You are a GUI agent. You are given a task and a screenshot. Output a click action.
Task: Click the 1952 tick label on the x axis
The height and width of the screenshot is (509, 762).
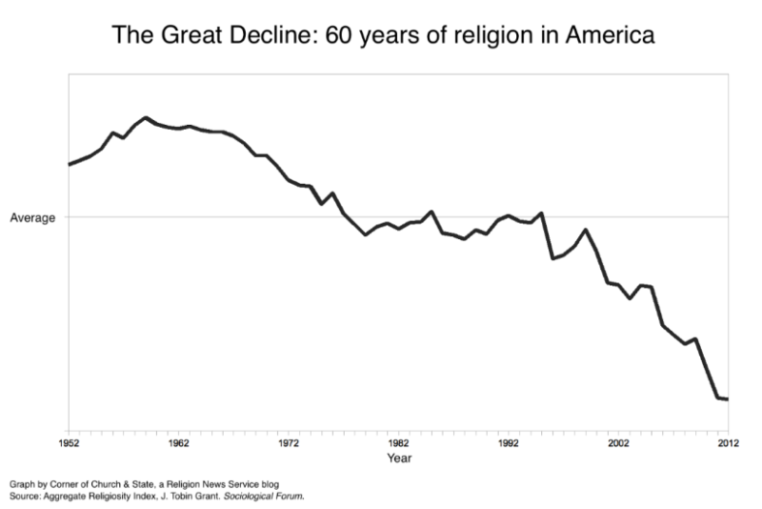[x=69, y=443]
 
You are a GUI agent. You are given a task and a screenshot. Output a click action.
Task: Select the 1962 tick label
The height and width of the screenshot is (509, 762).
[x=178, y=443]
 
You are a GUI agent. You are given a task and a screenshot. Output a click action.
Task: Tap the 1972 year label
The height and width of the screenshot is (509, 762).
[x=289, y=443]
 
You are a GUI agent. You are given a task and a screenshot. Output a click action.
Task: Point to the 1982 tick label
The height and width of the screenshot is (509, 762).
[x=398, y=443]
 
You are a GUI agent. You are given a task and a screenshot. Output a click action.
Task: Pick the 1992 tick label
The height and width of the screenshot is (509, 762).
[x=509, y=443]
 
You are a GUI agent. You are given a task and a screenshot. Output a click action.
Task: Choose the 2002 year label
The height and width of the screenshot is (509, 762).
[x=618, y=443]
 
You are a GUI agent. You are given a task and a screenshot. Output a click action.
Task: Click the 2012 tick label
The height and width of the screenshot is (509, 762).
[x=728, y=443]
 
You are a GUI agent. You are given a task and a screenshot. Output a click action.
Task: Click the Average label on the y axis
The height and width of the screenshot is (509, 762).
[x=32, y=217]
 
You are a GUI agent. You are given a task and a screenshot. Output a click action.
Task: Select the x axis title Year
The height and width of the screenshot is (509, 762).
[x=399, y=458]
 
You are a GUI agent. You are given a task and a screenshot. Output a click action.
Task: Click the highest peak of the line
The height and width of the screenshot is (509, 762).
[x=146, y=117]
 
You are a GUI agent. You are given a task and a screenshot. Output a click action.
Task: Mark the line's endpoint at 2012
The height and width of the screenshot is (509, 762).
[x=728, y=399]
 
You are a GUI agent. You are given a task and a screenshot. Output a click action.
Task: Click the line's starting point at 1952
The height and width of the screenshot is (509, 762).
[x=69, y=164]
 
